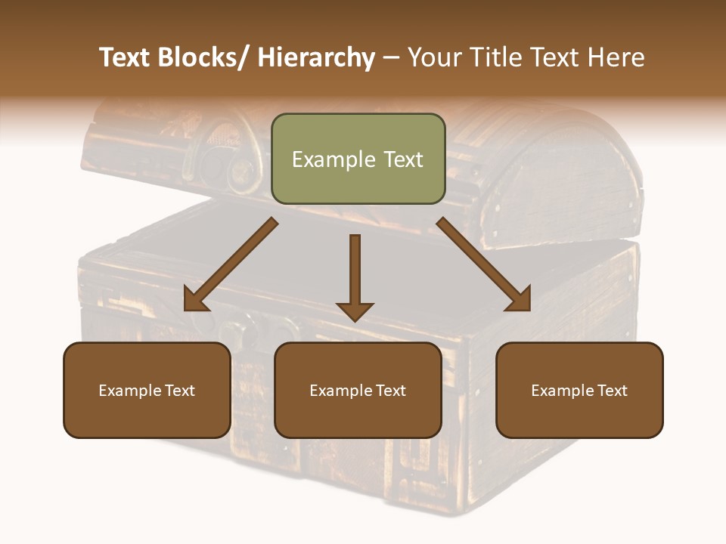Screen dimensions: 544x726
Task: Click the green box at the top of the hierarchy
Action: click(358, 159)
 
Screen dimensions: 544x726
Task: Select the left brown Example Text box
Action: click(147, 390)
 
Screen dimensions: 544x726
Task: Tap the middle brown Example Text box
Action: click(358, 390)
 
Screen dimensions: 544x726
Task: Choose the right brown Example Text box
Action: click(579, 390)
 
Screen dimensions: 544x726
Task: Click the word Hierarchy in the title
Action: click(316, 57)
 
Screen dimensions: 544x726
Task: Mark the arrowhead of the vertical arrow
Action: click(355, 310)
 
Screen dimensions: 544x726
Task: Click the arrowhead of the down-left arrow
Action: click(195, 300)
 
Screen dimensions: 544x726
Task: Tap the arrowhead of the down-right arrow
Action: click(519, 299)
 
